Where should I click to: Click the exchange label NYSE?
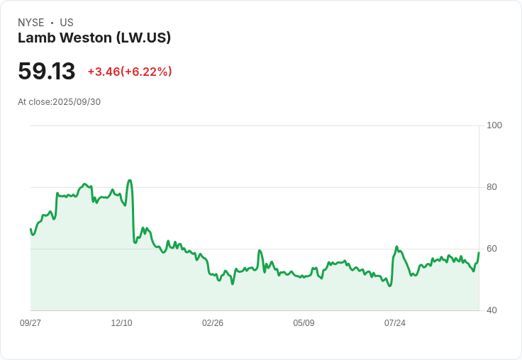click(31, 23)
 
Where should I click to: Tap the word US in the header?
click(67, 23)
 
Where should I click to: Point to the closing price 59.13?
click(46, 72)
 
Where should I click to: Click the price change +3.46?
click(103, 72)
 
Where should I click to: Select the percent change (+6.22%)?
click(146, 72)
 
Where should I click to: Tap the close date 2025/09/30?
click(77, 102)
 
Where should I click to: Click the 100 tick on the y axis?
click(494, 125)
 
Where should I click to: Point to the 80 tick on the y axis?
click(492, 187)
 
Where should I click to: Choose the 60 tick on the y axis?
click(492, 249)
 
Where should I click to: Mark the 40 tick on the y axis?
click(492, 310)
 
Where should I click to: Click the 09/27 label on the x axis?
click(30, 323)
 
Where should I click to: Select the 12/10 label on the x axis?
click(121, 323)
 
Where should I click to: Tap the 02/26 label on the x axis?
click(213, 323)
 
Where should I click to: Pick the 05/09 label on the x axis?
click(304, 323)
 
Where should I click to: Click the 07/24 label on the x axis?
click(395, 323)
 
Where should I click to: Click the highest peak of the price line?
click(130, 180)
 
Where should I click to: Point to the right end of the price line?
click(479, 252)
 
